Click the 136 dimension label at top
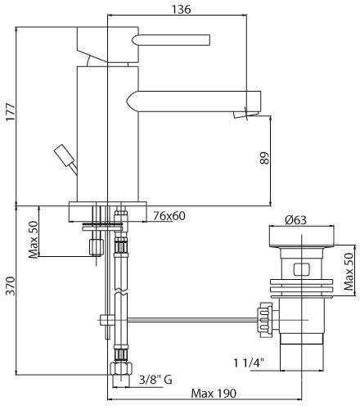pyautogui.click(x=181, y=10)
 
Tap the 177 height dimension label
pyautogui.click(x=11, y=111)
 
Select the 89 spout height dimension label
pyautogui.click(x=264, y=158)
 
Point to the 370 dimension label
pyautogui.click(x=11, y=286)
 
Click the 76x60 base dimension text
pyautogui.click(x=169, y=216)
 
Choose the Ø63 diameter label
pyautogui.click(x=295, y=219)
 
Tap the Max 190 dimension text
pyautogui.click(x=214, y=394)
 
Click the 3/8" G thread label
pyautogui.click(x=155, y=380)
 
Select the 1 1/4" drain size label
pyautogui.click(x=249, y=363)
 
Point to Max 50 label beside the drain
pyautogui.click(x=349, y=272)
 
